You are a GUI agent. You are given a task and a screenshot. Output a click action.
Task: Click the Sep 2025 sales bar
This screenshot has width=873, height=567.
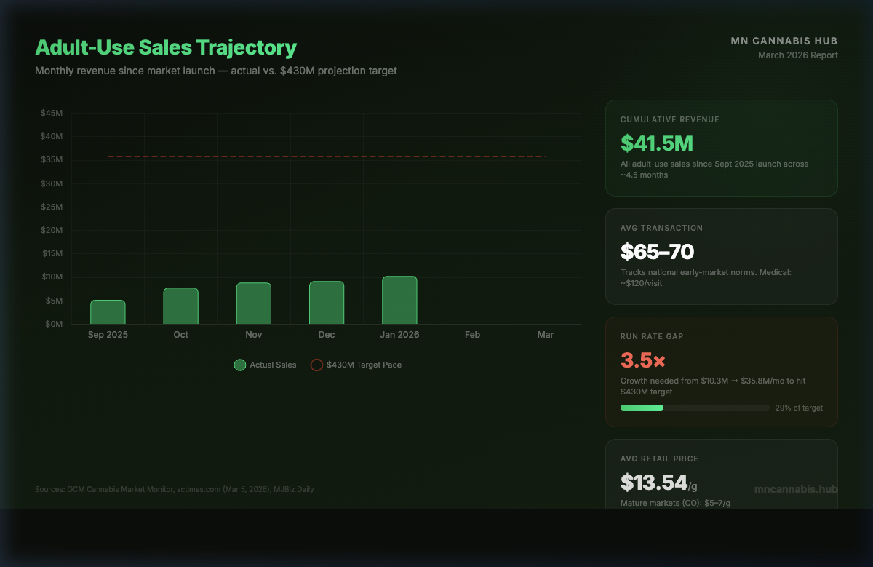108,312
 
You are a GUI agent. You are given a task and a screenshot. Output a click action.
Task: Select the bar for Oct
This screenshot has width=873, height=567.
180,306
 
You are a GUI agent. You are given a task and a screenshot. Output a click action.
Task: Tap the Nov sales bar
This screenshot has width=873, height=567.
253,304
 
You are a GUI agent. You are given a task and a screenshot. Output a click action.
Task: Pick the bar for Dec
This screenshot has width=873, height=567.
327,303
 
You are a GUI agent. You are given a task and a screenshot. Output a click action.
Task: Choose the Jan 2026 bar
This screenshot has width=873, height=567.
399,300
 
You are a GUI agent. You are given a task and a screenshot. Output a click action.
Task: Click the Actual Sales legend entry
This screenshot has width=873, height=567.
266,365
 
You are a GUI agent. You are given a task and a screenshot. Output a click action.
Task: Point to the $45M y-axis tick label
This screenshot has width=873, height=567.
52,113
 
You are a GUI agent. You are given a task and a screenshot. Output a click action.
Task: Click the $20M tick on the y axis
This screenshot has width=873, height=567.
52,230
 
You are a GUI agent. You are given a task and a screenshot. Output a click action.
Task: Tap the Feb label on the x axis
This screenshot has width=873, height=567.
472,335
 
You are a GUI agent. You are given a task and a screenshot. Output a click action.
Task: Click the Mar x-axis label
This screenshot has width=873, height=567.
545,335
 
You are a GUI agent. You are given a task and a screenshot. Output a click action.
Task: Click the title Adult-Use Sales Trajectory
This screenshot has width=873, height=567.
166,48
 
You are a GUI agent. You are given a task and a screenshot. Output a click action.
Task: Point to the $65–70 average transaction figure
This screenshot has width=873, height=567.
657,252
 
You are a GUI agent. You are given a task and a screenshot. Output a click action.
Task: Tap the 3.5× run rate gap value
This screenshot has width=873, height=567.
642,360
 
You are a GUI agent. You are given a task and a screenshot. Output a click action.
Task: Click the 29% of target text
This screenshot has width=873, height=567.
799,408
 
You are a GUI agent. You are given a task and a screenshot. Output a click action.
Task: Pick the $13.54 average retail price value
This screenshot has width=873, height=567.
653,482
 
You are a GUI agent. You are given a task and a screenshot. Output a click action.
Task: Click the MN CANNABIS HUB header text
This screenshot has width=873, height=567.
784,41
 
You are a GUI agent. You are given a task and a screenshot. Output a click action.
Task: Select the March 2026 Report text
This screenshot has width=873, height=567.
797,55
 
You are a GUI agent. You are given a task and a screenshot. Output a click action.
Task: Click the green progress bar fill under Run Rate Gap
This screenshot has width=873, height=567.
642,408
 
